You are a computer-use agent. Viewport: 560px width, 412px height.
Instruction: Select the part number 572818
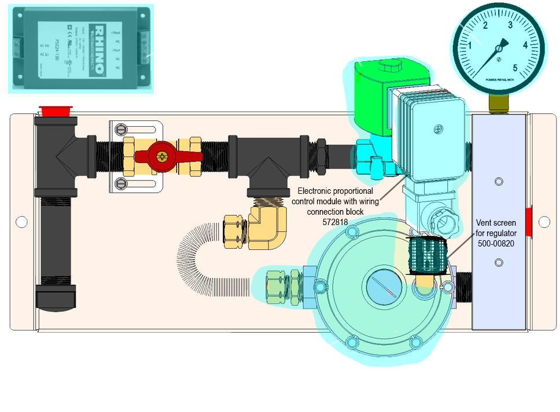pyautogui.click(x=335, y=222)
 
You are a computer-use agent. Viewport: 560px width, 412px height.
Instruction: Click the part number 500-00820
pyautogui.click(x=496, y=243)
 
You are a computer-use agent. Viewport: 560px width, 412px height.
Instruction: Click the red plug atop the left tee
pyautogui.click(x=55, y=110)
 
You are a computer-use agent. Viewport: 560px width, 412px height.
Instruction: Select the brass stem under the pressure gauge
pyautogui.click(x=498, y=104)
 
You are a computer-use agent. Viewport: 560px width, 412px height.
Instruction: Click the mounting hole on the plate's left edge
pyautogui.click(x=21, y=221)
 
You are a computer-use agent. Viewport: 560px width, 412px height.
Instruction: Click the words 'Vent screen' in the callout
pyautogui.click(x=496, y=223)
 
